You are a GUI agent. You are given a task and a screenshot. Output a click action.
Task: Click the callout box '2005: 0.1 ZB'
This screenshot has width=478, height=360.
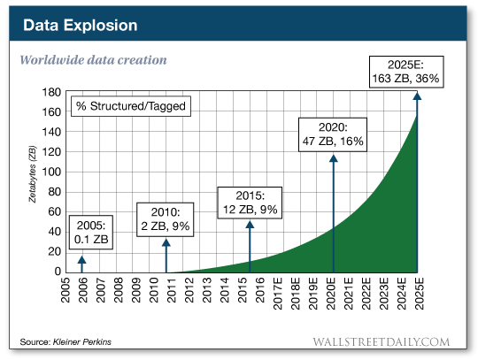point(89,232)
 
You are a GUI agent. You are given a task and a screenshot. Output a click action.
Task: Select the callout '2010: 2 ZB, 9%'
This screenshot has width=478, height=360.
point(165,218)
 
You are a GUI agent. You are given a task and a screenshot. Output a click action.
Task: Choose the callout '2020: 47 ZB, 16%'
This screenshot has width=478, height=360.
point(333,132)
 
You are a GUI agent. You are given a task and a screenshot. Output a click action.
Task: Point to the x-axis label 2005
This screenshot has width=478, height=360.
point(66,292)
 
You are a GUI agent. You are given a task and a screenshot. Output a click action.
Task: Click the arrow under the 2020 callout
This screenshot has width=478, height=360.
point(333,212)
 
